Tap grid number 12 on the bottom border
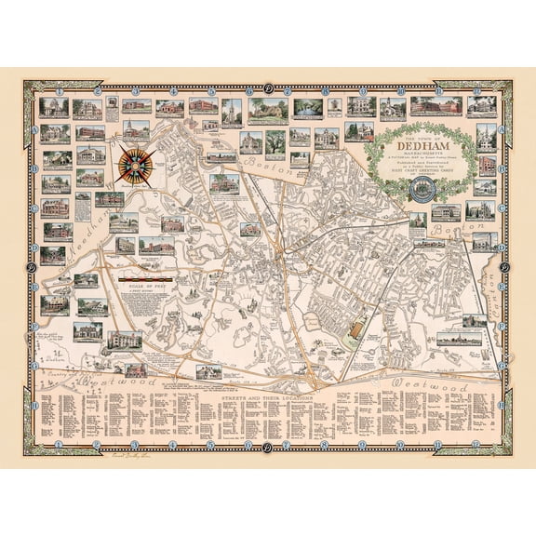click(x=481, y=443)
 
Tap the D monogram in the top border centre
click(x=268, y=89)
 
